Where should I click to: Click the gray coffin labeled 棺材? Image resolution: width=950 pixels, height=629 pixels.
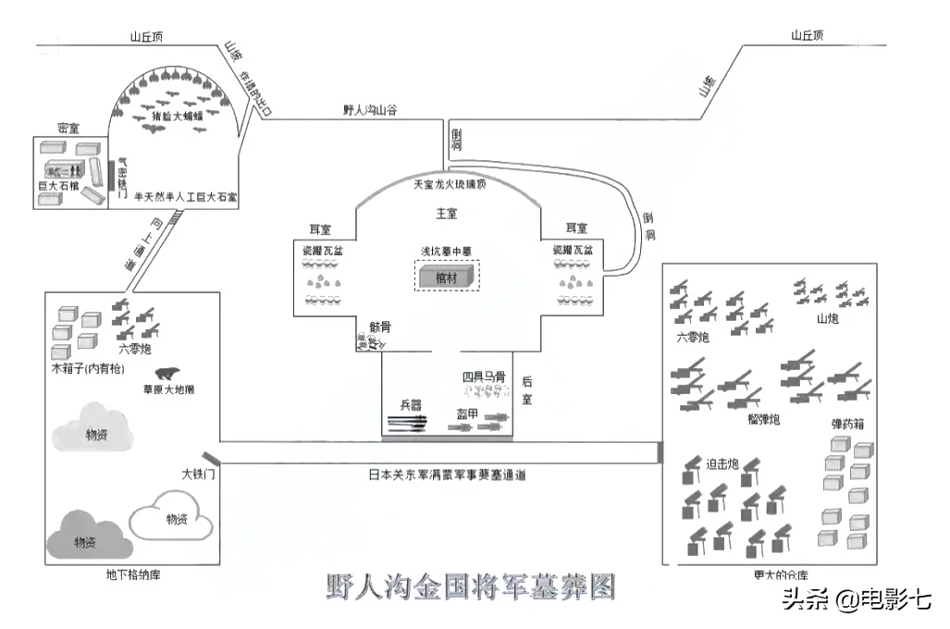click(x=447, y=276)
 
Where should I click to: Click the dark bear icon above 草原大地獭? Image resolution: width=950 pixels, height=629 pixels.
click(x=167, y=375)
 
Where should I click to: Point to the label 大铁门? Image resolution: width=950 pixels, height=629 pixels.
click(x=198, y=475)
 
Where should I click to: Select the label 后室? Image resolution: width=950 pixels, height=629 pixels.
click(x=527, y=388)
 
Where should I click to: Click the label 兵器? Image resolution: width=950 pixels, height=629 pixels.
click(x=411, y=405)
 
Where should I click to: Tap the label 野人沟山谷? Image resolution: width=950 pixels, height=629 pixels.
click(x=369, y=110)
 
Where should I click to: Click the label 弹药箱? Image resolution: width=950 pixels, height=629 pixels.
click(x=847, y=425)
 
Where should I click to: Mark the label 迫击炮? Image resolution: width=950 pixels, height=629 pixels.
click(x=722, y=464)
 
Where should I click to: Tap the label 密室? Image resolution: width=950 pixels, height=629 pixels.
click(x=68, y=128)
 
